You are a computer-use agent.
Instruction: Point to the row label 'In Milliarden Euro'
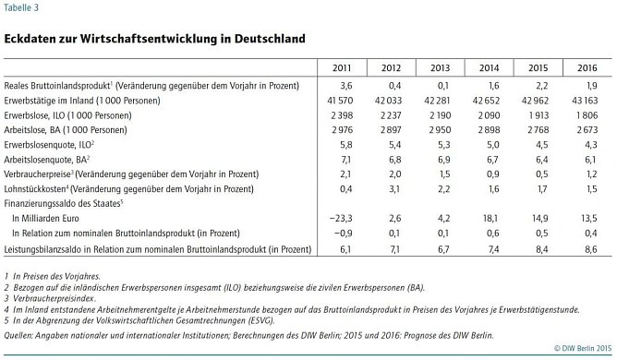(x=51, y=218)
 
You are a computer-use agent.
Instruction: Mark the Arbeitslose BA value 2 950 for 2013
(x=435, y=129)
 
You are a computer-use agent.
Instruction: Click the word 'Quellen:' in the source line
(x=20, y=335)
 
